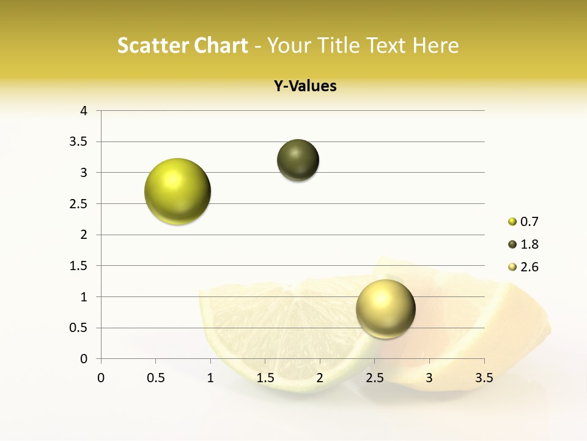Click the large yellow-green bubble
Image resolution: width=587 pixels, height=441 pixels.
click(177, 191)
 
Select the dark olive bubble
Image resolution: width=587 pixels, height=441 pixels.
click(298, 160)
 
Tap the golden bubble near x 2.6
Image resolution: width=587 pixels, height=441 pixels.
click(385, 309)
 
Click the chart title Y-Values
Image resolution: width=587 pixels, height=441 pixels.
click(305, 86)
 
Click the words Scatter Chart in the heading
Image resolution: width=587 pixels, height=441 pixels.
click(182, 45)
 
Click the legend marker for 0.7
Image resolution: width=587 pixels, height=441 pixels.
click(512, 222)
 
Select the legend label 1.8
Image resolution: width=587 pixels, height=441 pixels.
click(529, 244)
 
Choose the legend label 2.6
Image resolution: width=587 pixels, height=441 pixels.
click(529, 267)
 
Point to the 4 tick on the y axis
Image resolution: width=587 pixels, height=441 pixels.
click(84, 111)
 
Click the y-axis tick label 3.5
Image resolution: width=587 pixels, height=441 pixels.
click(79, 142)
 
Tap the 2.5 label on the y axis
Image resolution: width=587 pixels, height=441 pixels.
click(79, 204)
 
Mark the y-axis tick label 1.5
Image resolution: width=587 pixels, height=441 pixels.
click(79, 266)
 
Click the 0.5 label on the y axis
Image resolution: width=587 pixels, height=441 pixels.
click(79, 328)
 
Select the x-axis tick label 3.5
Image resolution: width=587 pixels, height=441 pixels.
click(484, 378)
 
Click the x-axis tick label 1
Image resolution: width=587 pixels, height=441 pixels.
click(210, 378)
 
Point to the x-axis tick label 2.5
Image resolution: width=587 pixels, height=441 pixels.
click(374, 378)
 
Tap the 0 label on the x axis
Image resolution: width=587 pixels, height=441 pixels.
click(101, 378)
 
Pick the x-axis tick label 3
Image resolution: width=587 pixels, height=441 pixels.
click(429, 378)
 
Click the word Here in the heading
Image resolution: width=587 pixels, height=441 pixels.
click(435, 45)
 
